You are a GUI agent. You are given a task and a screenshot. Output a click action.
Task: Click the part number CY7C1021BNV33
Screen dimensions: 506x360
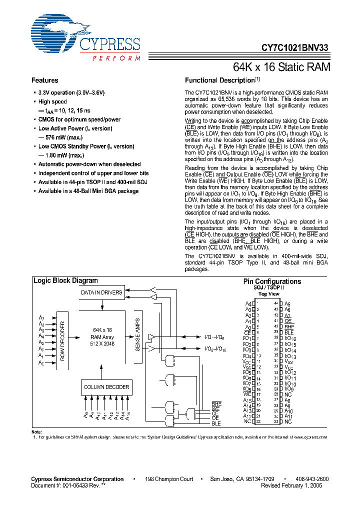click(x=295, y=48)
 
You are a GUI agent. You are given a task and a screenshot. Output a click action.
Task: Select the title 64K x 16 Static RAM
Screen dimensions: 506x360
click(x=282, y=66)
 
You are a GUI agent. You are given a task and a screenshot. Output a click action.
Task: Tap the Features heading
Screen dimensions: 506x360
click(x=45, y=80)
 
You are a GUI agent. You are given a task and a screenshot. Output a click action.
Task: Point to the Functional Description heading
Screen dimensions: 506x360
click(x=220, y=80)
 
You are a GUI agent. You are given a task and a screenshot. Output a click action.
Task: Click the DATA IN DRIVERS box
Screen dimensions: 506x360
click(x=102, y=292)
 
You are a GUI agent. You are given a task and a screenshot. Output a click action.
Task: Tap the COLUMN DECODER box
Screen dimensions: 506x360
click(x=106, y=387)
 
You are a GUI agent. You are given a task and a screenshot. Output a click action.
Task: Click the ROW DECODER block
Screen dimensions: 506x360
click(x=62, y=339)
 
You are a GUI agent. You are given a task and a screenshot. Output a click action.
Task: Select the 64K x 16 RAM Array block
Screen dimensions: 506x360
click(x=102, y=336)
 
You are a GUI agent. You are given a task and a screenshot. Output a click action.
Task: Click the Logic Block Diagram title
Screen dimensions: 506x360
click(x=65, y=281)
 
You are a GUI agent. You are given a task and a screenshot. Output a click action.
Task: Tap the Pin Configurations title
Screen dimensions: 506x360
click(x=272, y=281)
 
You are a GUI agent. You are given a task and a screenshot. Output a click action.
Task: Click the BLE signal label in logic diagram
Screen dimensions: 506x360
click(x=216, y=423)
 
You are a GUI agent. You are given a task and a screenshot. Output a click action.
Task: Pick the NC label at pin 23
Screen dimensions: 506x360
click(x=288, y=422)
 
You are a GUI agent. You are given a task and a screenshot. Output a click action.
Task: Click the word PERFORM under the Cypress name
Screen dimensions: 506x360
click(x=116, y=58)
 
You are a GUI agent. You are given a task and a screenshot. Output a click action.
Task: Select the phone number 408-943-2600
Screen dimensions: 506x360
click(x=309, y=479)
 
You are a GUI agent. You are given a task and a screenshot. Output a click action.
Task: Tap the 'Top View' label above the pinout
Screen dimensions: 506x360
click(x=268, y=294)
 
